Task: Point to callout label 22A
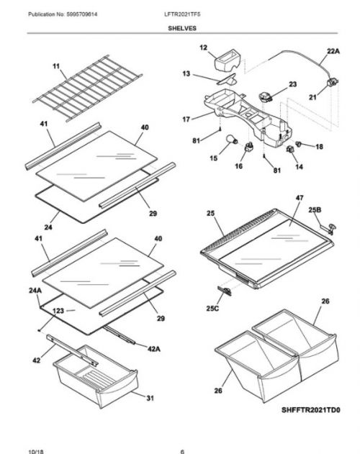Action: click(332, 52)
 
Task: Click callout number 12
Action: click(203, 47)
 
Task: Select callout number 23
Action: click(292, 84)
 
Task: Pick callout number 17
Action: click(186, 119)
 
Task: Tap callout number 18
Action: click(319, 146)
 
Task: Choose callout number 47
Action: click(299, 196)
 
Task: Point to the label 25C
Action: click(212, 308)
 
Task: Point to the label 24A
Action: click(35, 291)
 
